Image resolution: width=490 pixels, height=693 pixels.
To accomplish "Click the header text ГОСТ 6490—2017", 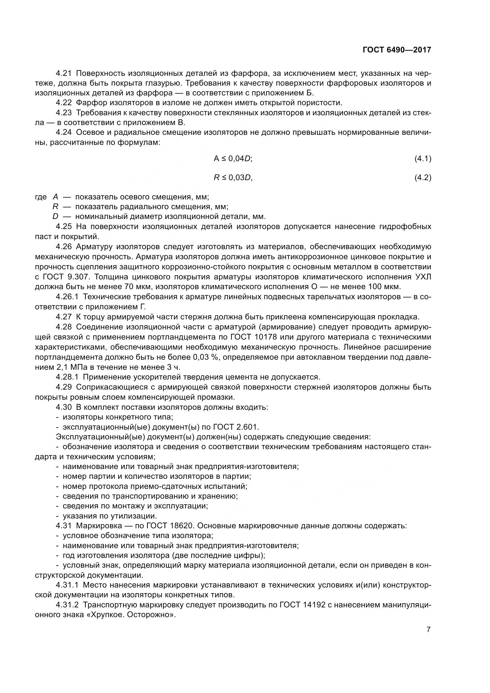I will [x=397, y=50].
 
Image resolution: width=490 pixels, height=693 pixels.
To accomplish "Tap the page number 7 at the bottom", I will [x=428, y=630].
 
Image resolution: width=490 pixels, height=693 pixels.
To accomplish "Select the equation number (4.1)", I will [x=423, y=159].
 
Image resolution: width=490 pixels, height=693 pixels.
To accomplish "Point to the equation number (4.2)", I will [x=423, y=178].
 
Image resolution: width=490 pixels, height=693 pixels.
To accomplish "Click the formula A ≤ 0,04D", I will [x=233, y=159].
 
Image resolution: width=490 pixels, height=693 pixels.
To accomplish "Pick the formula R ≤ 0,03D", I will [x=233, y=178].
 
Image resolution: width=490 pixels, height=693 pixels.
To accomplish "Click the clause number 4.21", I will [x=64, y=73].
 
